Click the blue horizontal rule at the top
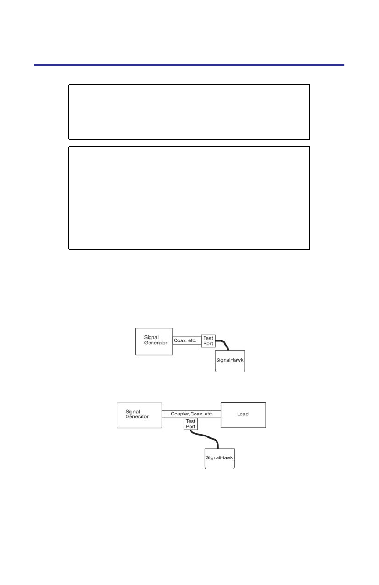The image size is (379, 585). pyautogui.click(x=189, y=65)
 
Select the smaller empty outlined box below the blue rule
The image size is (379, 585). pyautogui.click(x=189, y=112)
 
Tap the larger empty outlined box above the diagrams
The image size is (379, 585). pyautogui.click(x=189, y=198)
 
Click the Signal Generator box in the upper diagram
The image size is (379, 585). pyautogui.click(x=154, y=341)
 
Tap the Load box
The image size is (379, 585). pyautogui.click(x=243, y=415)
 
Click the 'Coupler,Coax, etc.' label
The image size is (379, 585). pyautogui.click(x=192, y=414)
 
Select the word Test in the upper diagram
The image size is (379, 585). pyautogui.click(x=208, y=337)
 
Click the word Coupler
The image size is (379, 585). pyautogui.click(x=180, y=414)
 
